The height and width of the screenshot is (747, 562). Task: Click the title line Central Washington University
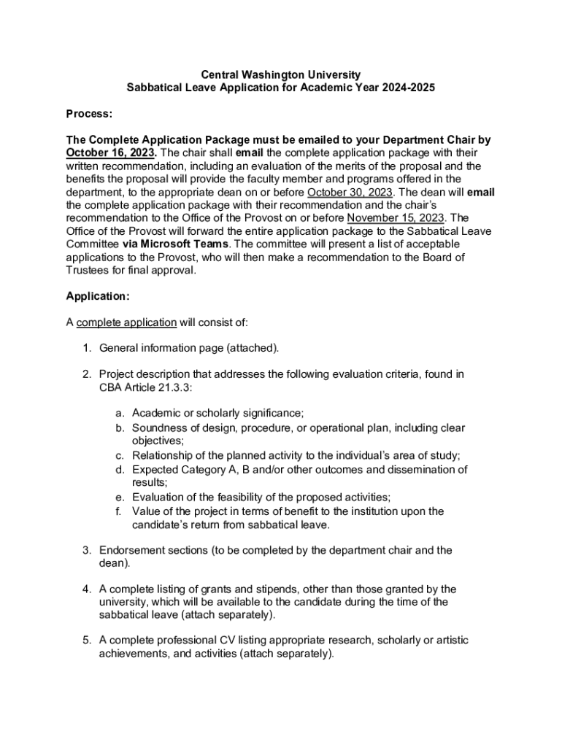pos(281,74)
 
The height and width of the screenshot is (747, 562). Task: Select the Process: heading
pos(89,114)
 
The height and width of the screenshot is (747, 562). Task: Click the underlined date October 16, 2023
pos(110,152)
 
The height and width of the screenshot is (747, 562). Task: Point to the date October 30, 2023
pos(350,192)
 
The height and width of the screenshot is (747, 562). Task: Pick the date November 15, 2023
pos(396,218)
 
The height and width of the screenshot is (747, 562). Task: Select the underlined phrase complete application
pos(126,322)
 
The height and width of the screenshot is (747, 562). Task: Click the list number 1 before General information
pos(86,348)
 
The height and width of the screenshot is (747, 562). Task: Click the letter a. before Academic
pos(120,413)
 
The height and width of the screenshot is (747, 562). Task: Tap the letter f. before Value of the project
pos(119,511)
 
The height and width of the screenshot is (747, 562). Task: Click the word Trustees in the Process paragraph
pos(91,270)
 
